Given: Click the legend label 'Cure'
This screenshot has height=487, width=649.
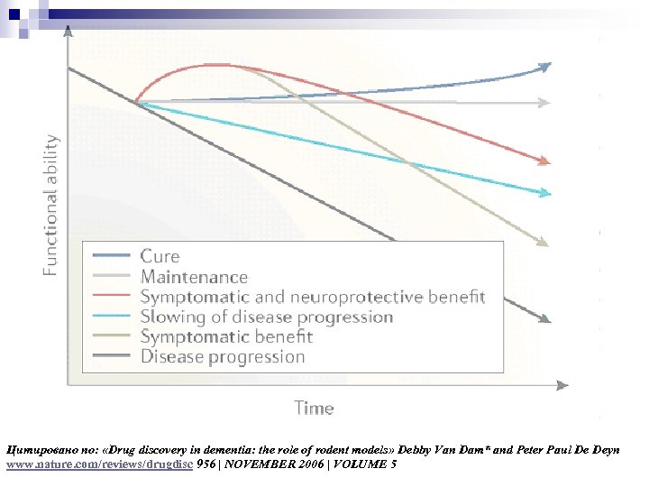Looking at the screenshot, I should (160, 257).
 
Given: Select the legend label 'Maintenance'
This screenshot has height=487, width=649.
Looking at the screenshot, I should (193, 277).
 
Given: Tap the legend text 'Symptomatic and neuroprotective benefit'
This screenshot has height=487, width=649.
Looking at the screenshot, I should (312, 297).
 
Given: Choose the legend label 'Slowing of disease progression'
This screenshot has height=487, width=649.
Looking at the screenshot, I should (266, 317).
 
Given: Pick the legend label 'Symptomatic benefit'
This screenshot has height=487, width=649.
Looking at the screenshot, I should (226, 336).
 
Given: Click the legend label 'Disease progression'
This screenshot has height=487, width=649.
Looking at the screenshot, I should (223, 356).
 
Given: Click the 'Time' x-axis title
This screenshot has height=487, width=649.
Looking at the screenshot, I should (314, 408).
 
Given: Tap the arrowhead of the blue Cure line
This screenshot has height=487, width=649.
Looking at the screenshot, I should (544, 66).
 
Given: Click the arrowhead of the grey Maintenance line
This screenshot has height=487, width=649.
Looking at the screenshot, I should (544, 103).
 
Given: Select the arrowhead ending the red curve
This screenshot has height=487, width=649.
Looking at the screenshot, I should (544, 161).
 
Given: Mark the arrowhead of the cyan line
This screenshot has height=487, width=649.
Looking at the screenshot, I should (544, 193).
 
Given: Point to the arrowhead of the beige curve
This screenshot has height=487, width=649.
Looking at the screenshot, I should (543, 242).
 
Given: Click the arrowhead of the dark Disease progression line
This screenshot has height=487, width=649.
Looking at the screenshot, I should (544, 318).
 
